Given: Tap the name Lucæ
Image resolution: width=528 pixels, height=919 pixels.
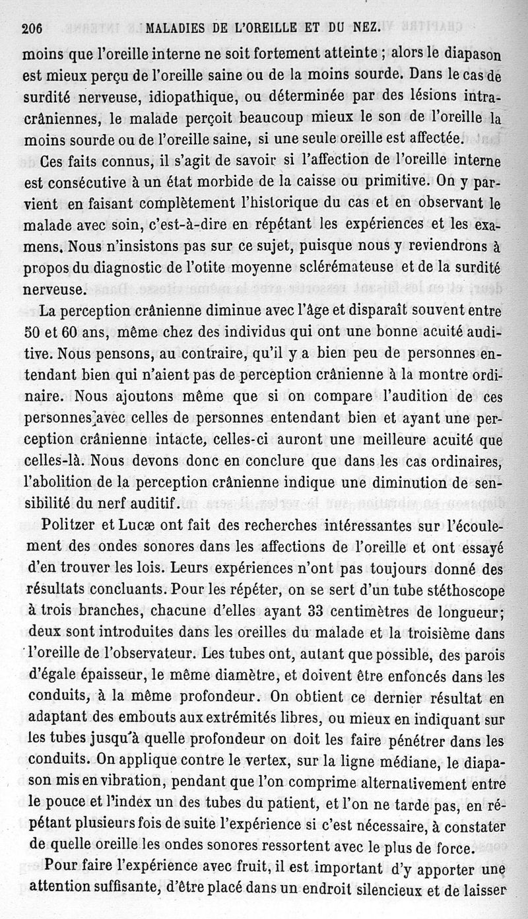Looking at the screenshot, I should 137,525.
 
